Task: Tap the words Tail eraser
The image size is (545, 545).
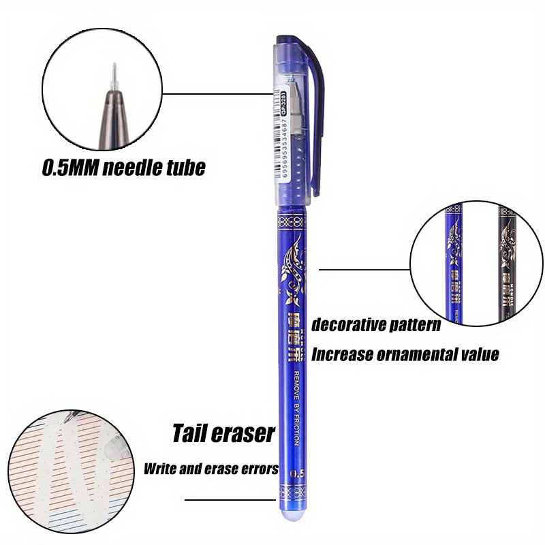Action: [223, 433]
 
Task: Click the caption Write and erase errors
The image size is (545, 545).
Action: [211, 469]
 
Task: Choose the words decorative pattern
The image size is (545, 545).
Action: [375, 324]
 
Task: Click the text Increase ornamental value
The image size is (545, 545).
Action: [405, 354]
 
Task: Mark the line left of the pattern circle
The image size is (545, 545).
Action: [364, 269]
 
